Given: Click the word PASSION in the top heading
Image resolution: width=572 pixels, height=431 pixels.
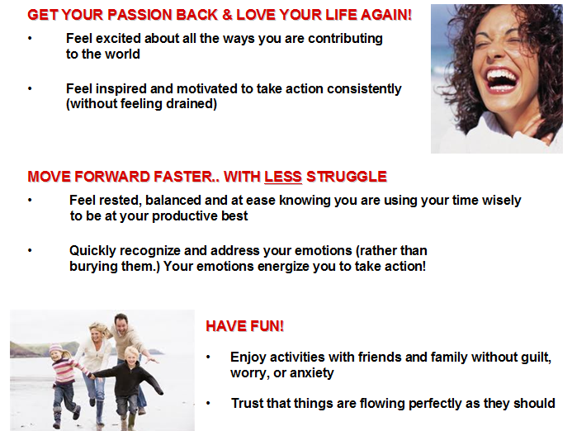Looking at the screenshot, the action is tap(139, 15).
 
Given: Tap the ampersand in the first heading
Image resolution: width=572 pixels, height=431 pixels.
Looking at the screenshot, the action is tap(227, 15).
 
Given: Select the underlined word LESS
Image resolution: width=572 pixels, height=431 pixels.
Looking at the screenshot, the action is tap(283, 177).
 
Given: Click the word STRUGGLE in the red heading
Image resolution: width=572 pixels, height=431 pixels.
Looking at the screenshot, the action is tap(347, 177).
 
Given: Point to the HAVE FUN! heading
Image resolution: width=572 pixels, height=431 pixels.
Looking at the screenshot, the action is tap(245, 326).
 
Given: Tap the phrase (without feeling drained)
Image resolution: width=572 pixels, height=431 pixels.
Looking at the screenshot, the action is tap(141, 104).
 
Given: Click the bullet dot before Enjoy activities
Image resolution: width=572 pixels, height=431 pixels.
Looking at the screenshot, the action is tap(208, 357).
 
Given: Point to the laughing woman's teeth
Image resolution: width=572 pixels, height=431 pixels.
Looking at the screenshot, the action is tap(502, 78).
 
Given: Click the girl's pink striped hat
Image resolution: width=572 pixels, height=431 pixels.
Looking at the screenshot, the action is tap(56, 348).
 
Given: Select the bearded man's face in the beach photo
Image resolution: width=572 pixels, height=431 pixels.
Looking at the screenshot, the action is tap(121, 322).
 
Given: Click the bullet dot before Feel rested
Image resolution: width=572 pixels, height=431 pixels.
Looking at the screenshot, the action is tap(30, 200).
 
